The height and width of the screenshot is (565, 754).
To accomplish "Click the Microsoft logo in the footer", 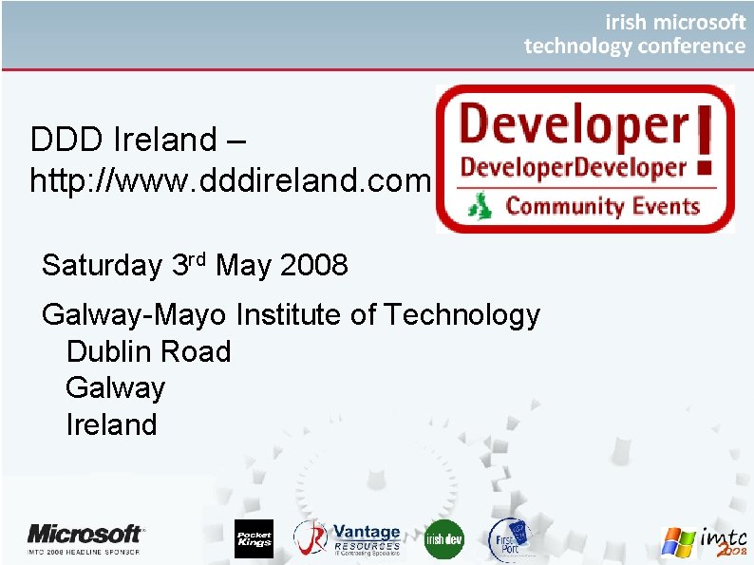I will tap(85, 537).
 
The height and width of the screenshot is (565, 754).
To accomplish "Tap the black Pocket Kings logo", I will tap(254, 538).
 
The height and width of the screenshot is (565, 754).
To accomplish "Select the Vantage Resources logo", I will tap(348, 538).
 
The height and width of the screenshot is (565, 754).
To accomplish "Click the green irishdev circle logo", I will tap(443, 538).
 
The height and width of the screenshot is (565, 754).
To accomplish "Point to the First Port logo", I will tap(508, 537).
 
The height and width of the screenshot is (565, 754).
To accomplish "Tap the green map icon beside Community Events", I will tap(481, 204).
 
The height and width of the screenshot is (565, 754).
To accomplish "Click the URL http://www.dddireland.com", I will tap(231, 179).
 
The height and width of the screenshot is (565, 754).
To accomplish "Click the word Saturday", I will tap(102, 265).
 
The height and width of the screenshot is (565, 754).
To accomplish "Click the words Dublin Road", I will tap(148, 351).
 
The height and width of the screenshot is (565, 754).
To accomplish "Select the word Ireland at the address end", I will tap(111, 424).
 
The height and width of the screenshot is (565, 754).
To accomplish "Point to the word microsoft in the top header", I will tap(698, 21).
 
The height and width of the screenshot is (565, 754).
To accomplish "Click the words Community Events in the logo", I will tap(602, 205).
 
